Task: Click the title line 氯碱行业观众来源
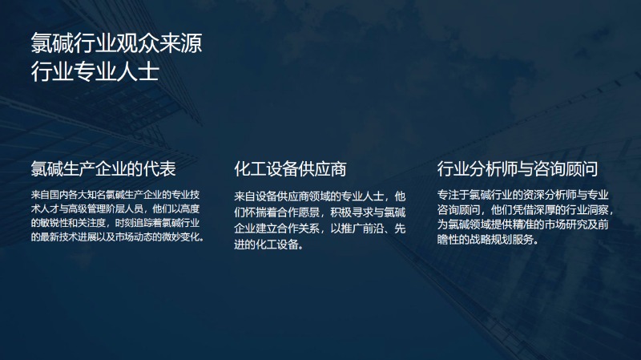pyautogui.click(x=116, y=43)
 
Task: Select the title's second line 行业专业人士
pyautogui.click(x=95, y=71)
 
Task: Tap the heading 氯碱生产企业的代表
pyautogui.click(x=103, y=169)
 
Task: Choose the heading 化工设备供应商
pyautogui.click(x=290, y=169)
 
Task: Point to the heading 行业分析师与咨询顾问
pyautogui.click(x=518, y=169)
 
